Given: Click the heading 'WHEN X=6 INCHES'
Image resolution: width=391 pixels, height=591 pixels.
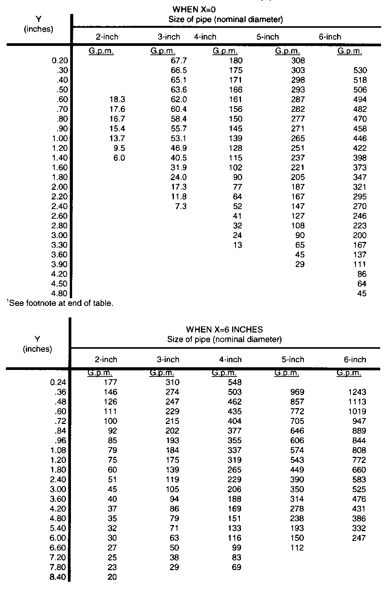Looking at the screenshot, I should (x=224, y=329).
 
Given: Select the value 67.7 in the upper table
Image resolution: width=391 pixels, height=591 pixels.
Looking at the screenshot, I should (x=179, y=61).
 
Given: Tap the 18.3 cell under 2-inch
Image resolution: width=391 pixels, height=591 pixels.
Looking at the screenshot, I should (x=117, y=100).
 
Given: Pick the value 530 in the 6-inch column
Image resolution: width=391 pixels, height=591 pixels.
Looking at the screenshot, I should (x=360, y=70).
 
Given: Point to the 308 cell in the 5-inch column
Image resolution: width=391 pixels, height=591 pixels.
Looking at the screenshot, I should (x=298, y=61).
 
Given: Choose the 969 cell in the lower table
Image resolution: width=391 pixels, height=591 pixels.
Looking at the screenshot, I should (x=297, y=392).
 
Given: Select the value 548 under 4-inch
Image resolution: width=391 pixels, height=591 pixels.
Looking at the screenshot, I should (x=234, y=382).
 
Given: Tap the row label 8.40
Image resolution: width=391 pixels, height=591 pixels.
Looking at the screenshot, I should (x=59, y=577).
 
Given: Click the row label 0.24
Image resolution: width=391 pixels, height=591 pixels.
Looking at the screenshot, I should (x=59, y=382).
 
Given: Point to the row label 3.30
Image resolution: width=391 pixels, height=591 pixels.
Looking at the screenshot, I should (x=59, y=245).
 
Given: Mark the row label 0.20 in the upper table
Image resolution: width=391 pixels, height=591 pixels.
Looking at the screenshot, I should (x=59, y=61).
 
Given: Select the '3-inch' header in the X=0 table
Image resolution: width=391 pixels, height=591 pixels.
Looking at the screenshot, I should (x=169, y=37).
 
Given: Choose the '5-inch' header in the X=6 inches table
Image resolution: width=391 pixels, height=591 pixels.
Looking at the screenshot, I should (x=293, y=360).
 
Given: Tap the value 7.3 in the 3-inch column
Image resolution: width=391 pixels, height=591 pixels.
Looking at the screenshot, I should (x=180, y=206).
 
